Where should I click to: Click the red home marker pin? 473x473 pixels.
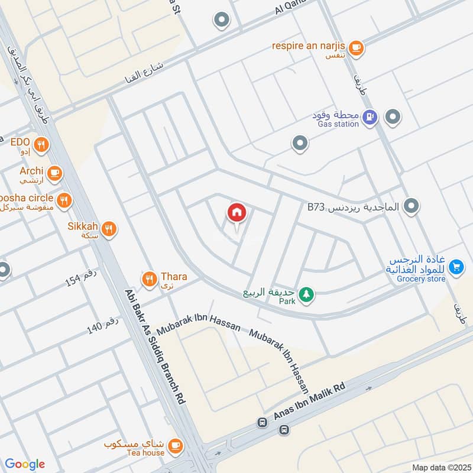pyautogui.click(x=237, y=212)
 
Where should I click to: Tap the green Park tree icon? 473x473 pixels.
pyautogui.click(x=306, y=294)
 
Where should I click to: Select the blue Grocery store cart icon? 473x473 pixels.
pyautogui.click(x=455, y=268)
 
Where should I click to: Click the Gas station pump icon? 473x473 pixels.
pyautogui.click(x=370, y=118)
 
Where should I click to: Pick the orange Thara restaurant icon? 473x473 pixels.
pyautogui.click(x=149, y=277)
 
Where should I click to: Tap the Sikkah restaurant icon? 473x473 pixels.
pyautogui.click(x=108, y=229)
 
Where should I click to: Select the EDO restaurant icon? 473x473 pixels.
pyautogui.click(x=41, y=144)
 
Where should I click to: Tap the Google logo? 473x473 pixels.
pyautogui.click(x=25, y=464)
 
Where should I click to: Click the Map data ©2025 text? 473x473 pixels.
pyautogui.click(x=440, y=467)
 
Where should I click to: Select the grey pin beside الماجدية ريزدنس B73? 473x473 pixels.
pyautogui.click(x=413, y=206)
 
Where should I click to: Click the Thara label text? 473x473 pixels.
pyautogui.click(x=173, y=276)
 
